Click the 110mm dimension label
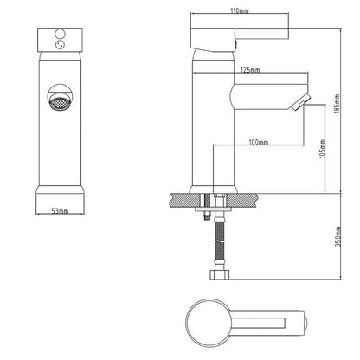(240, 11)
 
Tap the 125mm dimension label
(250, 70)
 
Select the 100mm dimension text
(259, 142)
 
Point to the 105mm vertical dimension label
(323, 149)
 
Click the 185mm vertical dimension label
(337, 104)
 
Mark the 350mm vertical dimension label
(337, 236)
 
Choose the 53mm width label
(60, 211)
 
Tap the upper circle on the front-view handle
(60, 34)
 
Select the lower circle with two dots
(60, 44)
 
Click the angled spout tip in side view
(300, 102)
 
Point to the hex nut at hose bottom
(219, 274)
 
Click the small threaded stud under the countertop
(207, 215)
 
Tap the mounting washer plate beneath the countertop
(213, 209)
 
